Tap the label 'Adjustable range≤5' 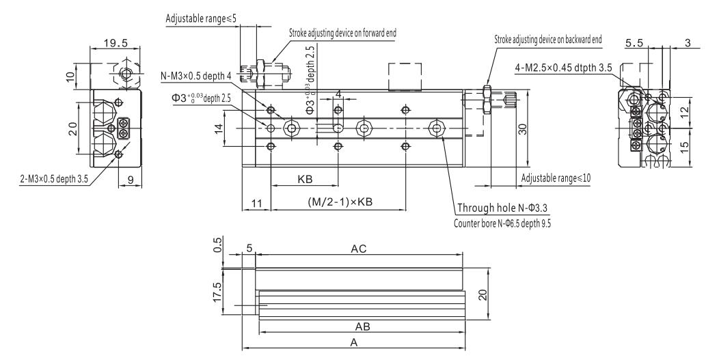197,18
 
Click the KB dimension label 305,180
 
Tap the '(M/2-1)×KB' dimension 340,202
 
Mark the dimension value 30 521,130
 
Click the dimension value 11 257,202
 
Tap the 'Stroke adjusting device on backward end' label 547,40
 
